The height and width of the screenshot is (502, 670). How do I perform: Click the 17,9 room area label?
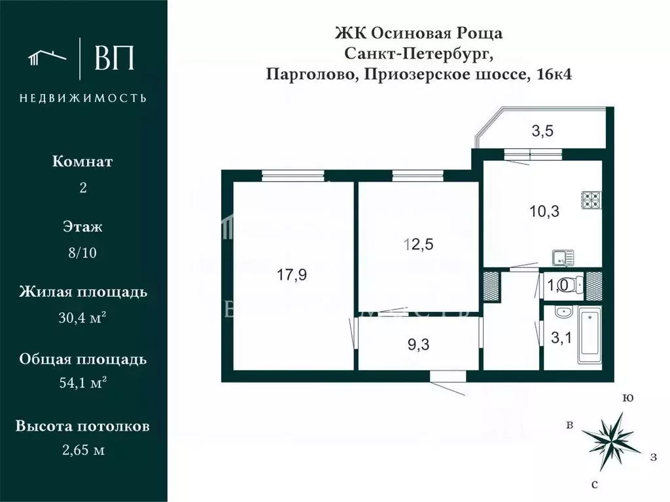click(x=292, y=275)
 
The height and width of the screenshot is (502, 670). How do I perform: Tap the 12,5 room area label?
click(x=419, y=245)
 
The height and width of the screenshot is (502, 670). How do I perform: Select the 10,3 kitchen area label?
click(x=544, y=211)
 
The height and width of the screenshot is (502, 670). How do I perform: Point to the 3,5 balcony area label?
click(x=542, y=131)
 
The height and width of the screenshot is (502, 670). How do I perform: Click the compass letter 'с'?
click(x=594, y=484)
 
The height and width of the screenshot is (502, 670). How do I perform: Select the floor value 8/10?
click(x=82, y=254)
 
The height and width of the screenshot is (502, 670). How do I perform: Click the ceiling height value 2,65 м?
click(x=82, y=450)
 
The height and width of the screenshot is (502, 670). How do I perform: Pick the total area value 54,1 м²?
click(x=82, y=384)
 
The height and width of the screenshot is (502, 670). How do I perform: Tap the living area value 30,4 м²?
click(x=82, y=318)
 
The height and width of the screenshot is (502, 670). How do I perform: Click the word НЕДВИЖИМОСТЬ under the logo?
click(x=82, y=98)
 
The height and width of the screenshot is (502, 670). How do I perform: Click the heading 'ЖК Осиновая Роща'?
click(x=419, y=33)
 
